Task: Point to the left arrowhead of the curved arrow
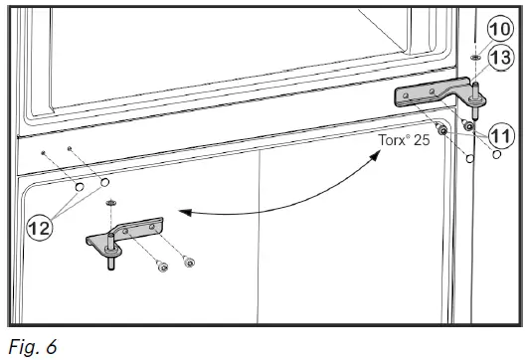[180, 212]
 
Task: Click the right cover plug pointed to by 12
[104, 183]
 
